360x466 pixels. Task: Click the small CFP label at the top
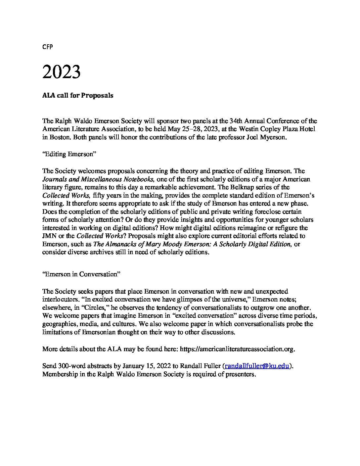click(x=48, y=47)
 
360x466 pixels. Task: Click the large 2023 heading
click(x=61, y=72)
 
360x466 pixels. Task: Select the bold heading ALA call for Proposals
click(x=78, y=96)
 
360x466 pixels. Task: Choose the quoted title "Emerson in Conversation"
click(x=81, y=274)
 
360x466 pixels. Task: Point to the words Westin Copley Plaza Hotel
click(x=281, y=129)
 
